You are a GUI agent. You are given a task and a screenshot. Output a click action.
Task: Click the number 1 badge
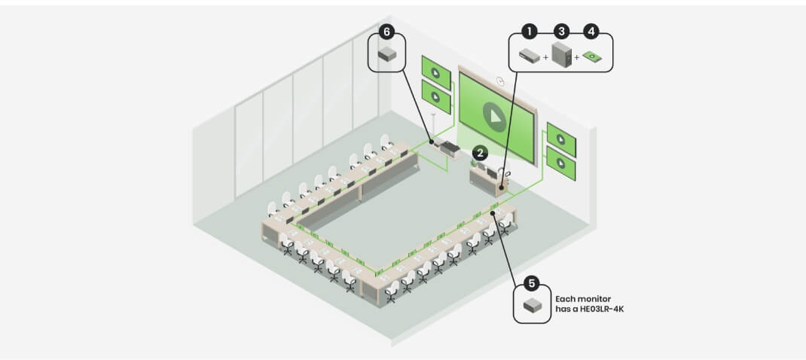tap(529, 32)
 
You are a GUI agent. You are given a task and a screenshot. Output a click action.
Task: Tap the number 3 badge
tap(561, 32)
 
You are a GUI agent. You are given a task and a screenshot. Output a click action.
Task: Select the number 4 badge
tap(591, 32)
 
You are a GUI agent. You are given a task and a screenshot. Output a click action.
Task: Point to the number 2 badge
tap(480, 153)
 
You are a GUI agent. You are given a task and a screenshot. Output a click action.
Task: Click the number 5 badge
tap(532, 282)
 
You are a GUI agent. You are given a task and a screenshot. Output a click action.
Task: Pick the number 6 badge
tap(386, 32)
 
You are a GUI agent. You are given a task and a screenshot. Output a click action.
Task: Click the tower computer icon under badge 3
tap(561, 55)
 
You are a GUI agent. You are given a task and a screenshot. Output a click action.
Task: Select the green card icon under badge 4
tap(593, 56)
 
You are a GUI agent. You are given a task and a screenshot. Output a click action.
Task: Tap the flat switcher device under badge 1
tap(530, 55)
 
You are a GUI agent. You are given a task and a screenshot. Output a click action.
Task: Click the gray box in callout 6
tap(387, 53)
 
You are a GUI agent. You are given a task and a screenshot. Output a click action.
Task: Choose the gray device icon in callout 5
tap(532, 306)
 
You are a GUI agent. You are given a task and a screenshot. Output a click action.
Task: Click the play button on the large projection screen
tap(494, 117)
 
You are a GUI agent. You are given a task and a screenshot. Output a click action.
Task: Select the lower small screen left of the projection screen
tap(436, 96)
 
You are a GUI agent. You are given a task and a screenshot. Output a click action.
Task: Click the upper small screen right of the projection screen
tap(560, 139)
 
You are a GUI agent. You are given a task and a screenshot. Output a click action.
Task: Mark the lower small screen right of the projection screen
tap(560, 163)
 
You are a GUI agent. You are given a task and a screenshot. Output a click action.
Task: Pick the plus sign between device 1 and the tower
tap(545, 57)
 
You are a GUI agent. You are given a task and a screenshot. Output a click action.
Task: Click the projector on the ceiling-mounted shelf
tap(448, 148)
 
